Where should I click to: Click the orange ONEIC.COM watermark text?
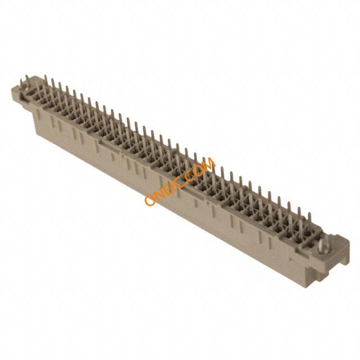pyautogui.click(x=180, y=181)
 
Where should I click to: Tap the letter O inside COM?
pyautogui.click(x=196, y=170)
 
